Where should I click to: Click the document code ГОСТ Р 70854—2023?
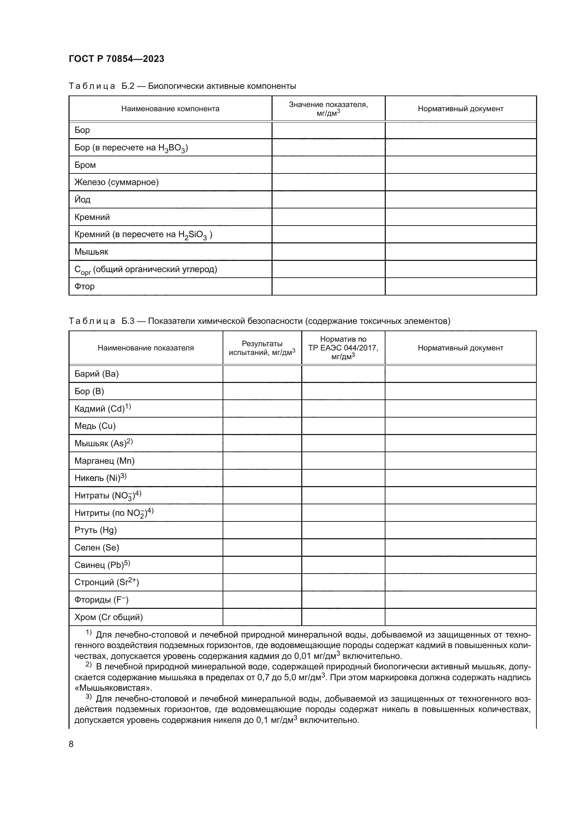[x=116, y=59]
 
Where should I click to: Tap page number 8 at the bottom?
[x=71, y=744]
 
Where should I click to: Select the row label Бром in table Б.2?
[x=85, y=165]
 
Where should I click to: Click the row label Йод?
[x=82, y=199]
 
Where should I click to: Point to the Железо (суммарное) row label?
[x=116, y=183]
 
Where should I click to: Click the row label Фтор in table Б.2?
[x=84, y=286]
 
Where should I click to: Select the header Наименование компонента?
[x=170, y=109]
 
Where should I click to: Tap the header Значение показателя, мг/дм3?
[x=328, y=109]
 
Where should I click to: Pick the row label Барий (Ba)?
[x=96, y=374]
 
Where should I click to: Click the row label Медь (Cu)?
[x=95, y=426]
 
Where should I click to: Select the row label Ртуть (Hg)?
[x=95, y=530]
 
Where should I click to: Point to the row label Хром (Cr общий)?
[x=109, y=617]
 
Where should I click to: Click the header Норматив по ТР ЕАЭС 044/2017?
[x=343, y=347]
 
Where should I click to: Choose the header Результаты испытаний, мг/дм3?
[x=262, y=348]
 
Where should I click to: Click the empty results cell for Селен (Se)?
[x=262, y=548]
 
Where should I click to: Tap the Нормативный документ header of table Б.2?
[x=461, y=109]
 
